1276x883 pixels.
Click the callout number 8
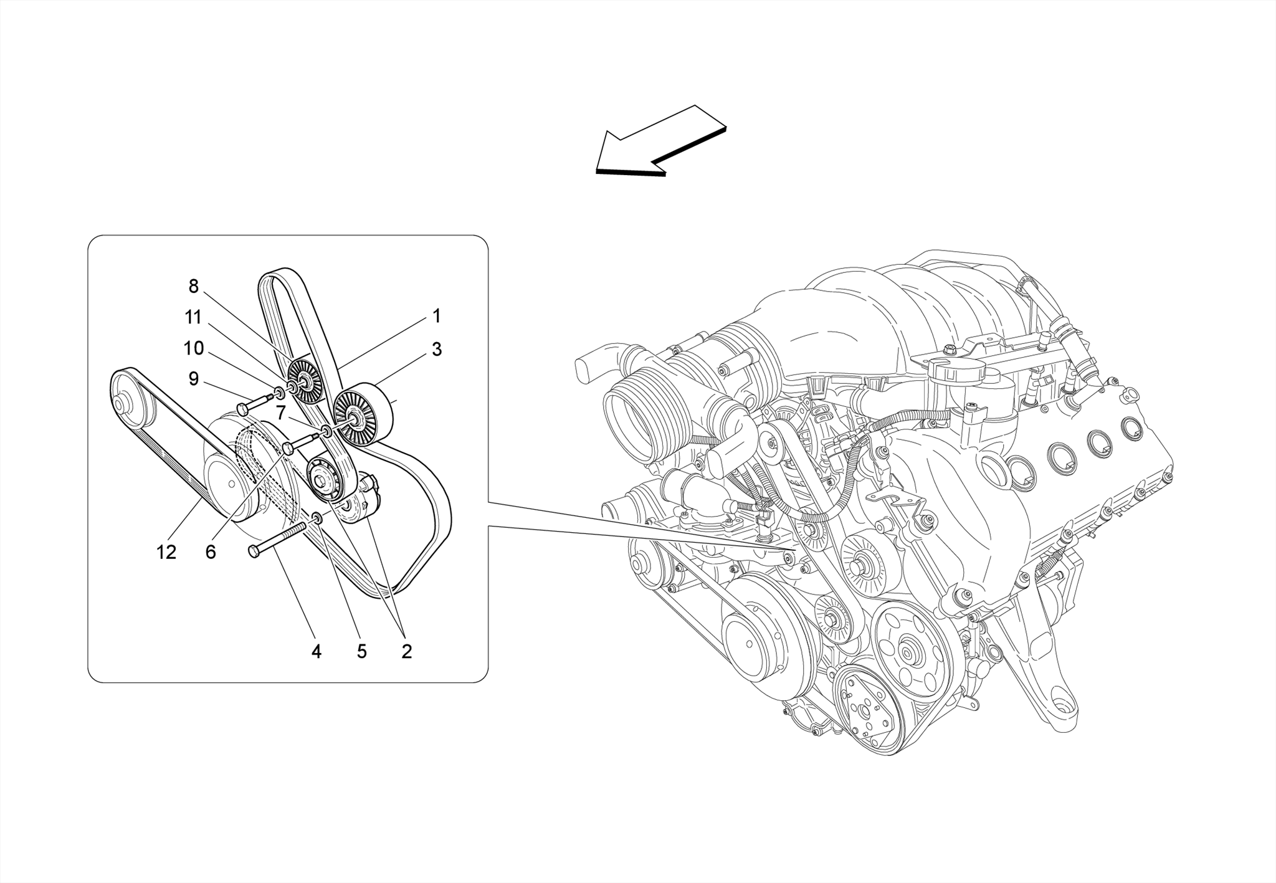(193, 286)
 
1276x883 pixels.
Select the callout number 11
(193, 317)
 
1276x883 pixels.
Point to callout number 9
(193, 378)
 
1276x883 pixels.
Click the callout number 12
(166, 552)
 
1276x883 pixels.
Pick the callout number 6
(211, 552)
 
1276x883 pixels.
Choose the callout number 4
(317, 652)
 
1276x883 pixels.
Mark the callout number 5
(361, 652)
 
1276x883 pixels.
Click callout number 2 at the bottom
(406, 652)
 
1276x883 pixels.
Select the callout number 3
(437, 350)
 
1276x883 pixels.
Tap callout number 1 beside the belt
(437, 316)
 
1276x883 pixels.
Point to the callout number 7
(281, 413)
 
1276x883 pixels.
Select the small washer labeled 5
(317, 518)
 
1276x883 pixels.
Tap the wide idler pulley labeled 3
(364, 415)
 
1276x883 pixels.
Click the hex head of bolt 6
(288, 447)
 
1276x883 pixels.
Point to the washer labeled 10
(279, 393)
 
